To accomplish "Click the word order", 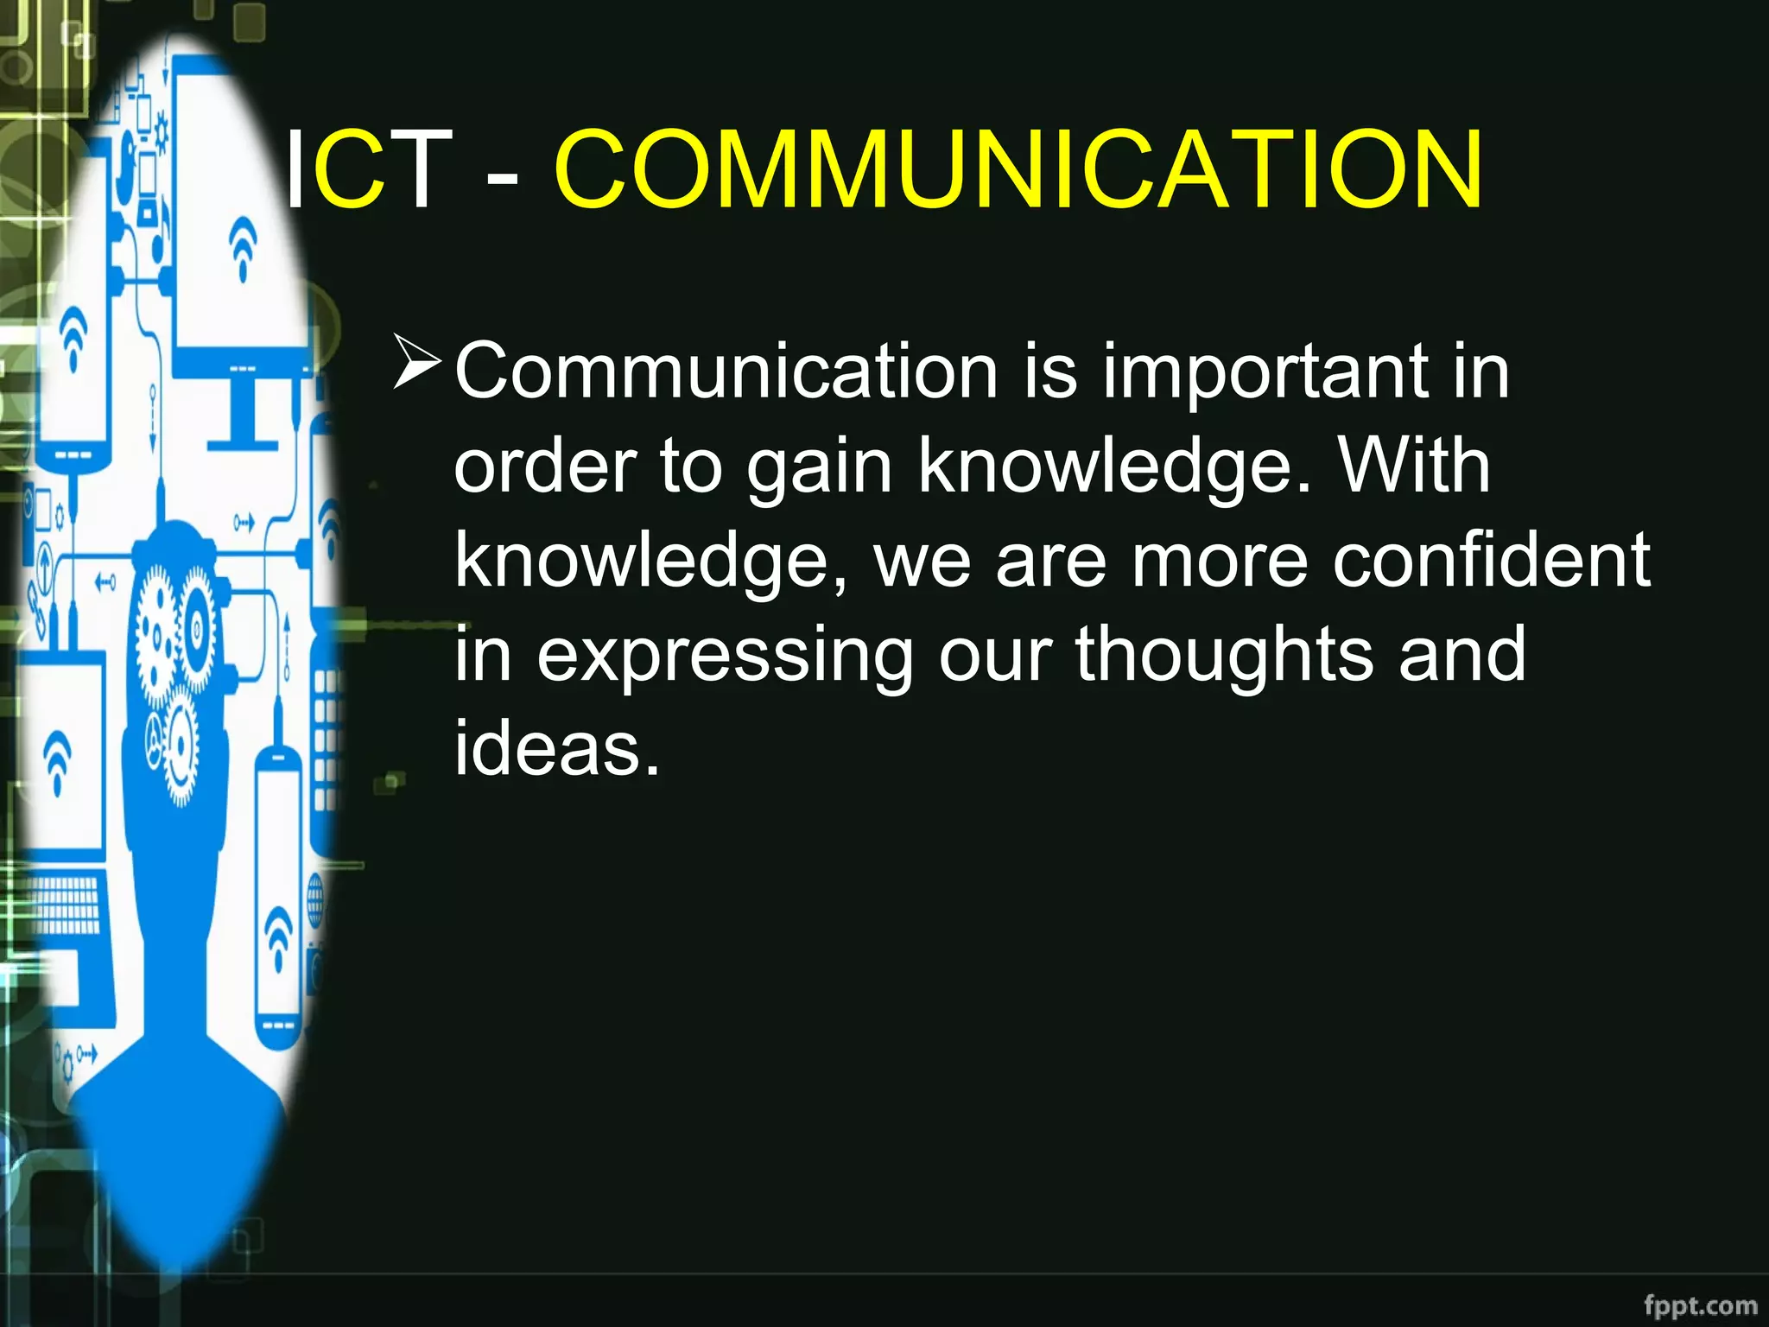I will [545, 467].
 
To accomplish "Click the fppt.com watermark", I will [1700, 1305].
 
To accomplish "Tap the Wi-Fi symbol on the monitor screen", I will [244, 246].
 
